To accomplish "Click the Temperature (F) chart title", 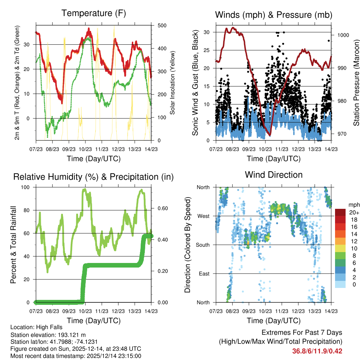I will pyautogui.click(x=94, y=13).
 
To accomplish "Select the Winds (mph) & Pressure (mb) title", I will pyautogui.click(x=274, y=15).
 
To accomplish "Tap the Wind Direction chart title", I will pyautogui.click(x=274, y=175).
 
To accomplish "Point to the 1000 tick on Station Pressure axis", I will pyautogui.click(x=343, y=35).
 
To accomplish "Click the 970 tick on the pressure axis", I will pyautogui.click(x=341, y=134).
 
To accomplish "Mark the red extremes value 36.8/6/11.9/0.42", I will pyautogui.click(x=317, y=351).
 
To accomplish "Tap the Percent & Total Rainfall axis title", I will pyautogui.click(x=14, y=244).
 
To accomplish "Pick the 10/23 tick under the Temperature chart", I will pyautogui.click(x=85, y=149).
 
